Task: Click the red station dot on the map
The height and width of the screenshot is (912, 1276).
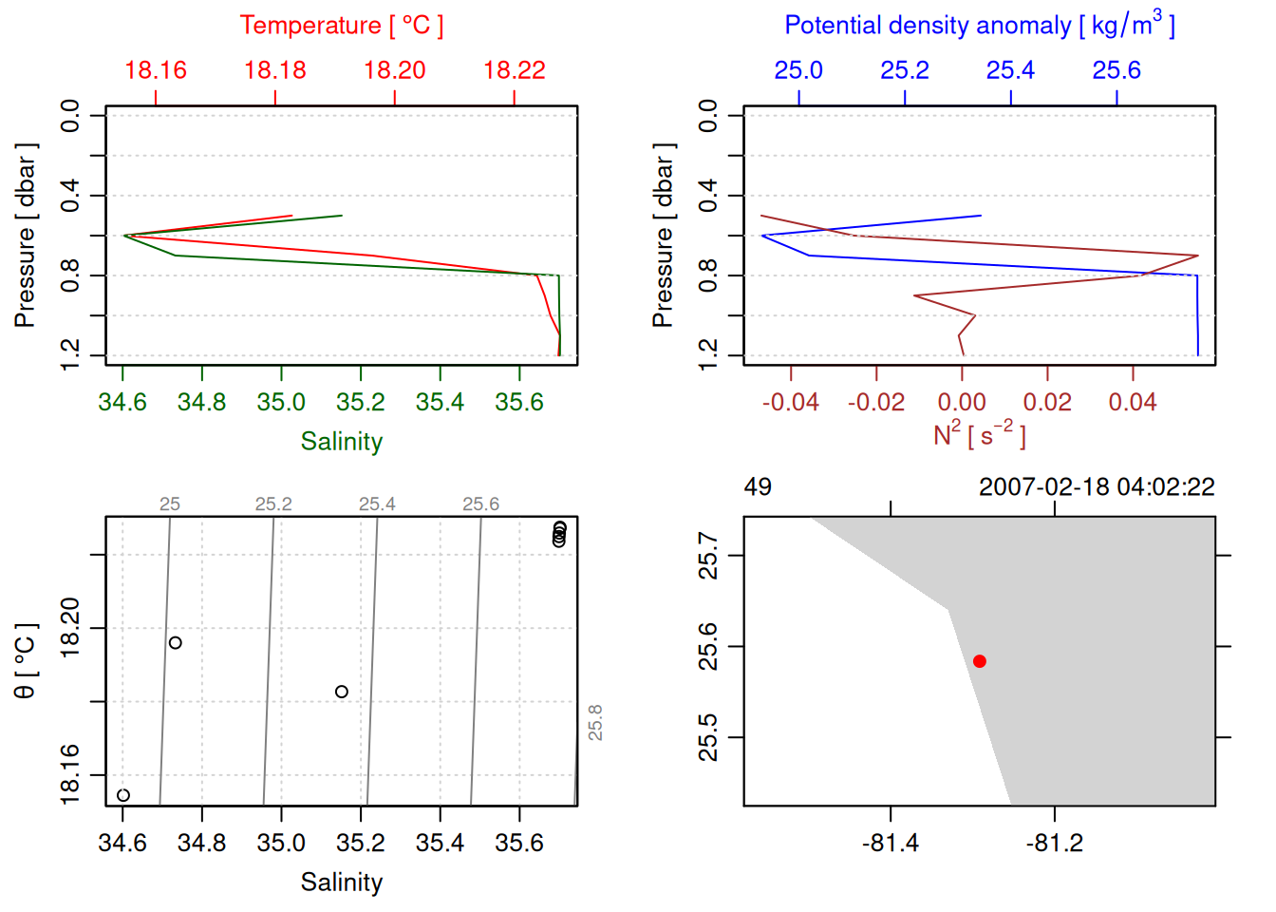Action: (979, 661)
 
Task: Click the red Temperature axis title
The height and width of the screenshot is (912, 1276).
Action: (341, 26)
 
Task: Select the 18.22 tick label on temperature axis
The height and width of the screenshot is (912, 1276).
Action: (514, 70)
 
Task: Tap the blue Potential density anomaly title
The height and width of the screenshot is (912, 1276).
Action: (979, 25)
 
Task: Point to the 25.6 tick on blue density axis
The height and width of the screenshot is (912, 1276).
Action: (1116, 70)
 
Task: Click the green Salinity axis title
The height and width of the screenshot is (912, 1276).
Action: (341, 442)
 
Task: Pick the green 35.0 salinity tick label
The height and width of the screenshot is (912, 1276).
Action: (281, 402)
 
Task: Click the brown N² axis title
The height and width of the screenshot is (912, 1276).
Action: (979, 434)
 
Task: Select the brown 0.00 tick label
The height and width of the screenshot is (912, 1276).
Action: (962, 402)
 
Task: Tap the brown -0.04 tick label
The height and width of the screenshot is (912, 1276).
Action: (790, 402)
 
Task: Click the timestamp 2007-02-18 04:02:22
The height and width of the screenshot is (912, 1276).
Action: (1097, 487)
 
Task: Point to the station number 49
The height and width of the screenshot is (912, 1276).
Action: (758, 487)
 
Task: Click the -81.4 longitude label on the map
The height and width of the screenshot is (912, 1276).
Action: (890, 843)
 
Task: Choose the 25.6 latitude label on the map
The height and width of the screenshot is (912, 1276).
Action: (708, 647)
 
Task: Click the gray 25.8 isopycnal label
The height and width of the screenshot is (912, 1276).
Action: (595, 723)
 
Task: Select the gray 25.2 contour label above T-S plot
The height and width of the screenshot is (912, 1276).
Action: (273, 504)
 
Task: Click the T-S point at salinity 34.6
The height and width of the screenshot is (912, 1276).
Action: (123, 795)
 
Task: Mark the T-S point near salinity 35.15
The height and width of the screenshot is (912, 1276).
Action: (342, 692)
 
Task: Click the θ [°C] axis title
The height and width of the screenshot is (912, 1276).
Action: (25, 661)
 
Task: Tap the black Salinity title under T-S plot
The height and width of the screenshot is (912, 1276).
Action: (341, 883)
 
